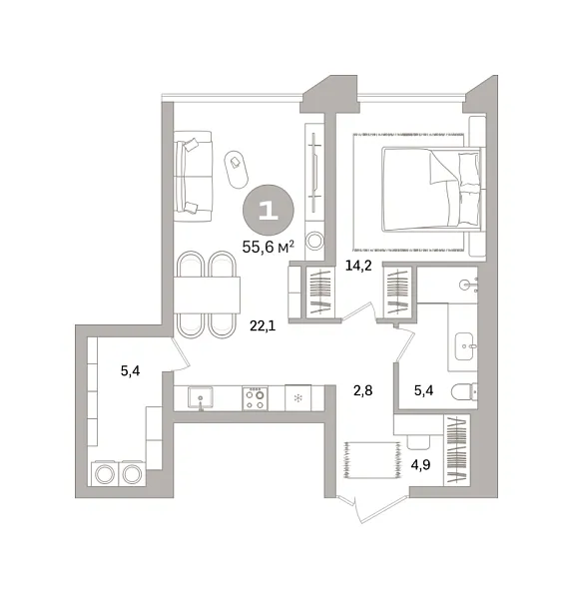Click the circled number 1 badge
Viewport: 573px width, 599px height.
[x=266, y=209]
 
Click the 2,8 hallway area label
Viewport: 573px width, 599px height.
[x=362, y=391]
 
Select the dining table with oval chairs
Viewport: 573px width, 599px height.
[x=208, y=295]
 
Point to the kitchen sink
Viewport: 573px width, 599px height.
[x=201, y=398]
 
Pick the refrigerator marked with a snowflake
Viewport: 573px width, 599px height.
[x=298, y=397]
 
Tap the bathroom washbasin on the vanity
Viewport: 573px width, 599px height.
[x=464, y=345]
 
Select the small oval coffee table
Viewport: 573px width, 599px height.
[x=236, y=170]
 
